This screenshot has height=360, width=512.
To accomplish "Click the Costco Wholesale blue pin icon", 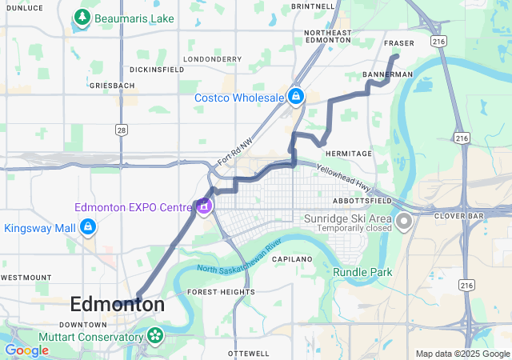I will (x=296, y=97).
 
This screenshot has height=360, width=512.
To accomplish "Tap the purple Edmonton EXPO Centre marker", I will (x=204, y=206).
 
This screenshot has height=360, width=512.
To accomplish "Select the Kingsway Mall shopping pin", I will (x=88, y=228).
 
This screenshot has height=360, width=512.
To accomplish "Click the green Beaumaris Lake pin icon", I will (x=81, y=16).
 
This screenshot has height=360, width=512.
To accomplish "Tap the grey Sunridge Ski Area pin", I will (x=404, y=220).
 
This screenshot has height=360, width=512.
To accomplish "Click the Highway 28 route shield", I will (x=121, y=129).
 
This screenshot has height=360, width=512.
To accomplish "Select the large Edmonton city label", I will (x=118, y=305).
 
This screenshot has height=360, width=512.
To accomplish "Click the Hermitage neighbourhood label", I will (x=349, y=154).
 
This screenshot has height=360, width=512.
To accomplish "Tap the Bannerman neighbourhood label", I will (x=388, y=74).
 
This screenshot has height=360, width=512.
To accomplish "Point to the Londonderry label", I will (x=212, y=59).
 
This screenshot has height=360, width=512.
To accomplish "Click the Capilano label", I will (x=292, y=260).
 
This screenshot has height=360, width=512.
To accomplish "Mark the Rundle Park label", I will (x=364, y=273).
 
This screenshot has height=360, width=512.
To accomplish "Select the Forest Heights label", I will (x=221, y=292).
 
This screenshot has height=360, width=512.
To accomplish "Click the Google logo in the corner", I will (x=26, y=350).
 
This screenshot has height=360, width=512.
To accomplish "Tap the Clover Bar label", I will (x=456, y=216).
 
